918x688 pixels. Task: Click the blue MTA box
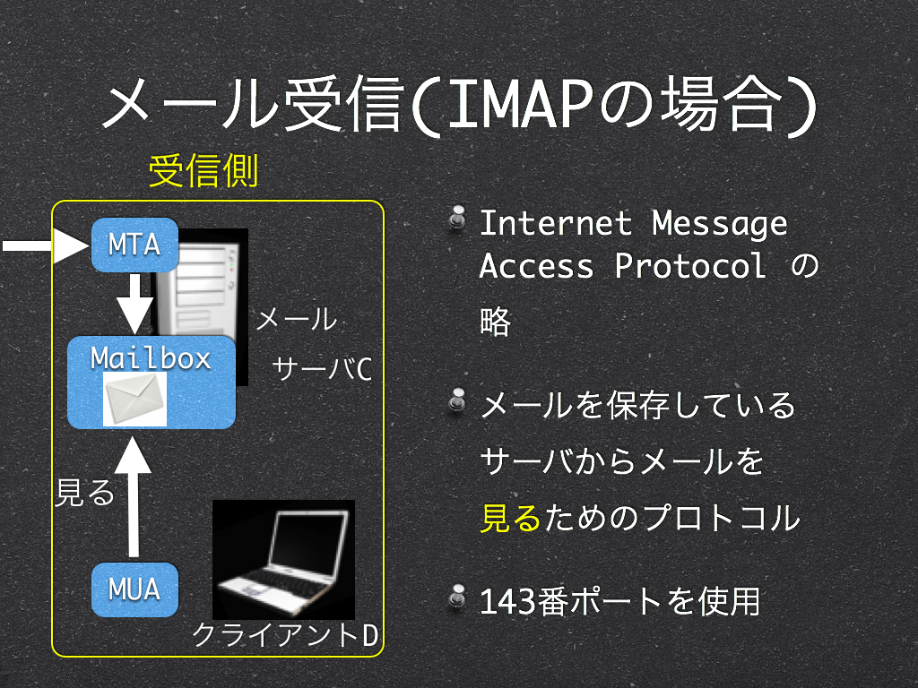pos(134,245)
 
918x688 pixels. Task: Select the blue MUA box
pos(134,589)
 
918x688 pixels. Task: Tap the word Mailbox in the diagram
pos(151,358)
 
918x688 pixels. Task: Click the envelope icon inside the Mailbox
pos(134,399)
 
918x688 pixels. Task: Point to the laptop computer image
pos(283,560)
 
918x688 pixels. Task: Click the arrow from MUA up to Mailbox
pos(134,496)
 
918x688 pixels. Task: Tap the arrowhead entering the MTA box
pos(71,245)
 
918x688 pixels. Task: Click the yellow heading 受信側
pos(204,171)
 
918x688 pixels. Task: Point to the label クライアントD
pos(285,635)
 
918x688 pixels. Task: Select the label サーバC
pos(322,369)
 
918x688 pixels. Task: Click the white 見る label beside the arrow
pos(85,493)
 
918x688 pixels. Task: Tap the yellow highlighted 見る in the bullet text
pos(510,519)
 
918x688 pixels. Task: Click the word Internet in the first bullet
pos(556,223)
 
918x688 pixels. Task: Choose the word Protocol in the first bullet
pos(691,266)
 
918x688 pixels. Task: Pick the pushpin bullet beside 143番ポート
pos(457,598)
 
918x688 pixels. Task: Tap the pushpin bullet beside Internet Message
pos(457,219)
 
